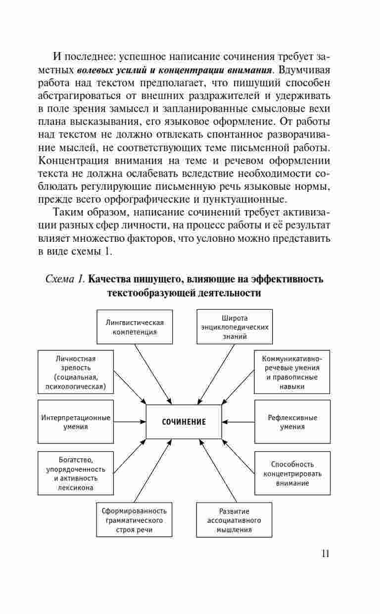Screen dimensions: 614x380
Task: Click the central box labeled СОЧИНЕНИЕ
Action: click(184, 422)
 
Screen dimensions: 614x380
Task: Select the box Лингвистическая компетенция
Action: click(135, 327)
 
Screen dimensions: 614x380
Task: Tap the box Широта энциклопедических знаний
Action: click(235, 327)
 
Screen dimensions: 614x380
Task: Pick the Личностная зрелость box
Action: click(76, 372)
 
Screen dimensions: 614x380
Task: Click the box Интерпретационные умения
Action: click(76, 422)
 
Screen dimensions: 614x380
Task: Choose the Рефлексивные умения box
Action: click(292, 422)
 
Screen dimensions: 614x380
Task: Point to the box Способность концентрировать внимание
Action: click(292, 473)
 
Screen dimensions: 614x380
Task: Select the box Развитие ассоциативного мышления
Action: click(234, 520)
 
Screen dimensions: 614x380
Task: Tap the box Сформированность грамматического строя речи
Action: click(134, 520)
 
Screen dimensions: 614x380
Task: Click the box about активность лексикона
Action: click(76, 473)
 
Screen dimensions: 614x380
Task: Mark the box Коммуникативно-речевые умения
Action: click(292, 372)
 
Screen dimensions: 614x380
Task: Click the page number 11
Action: click(325, 554)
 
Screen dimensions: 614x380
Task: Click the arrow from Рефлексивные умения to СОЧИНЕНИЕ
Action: click(238, 422)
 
